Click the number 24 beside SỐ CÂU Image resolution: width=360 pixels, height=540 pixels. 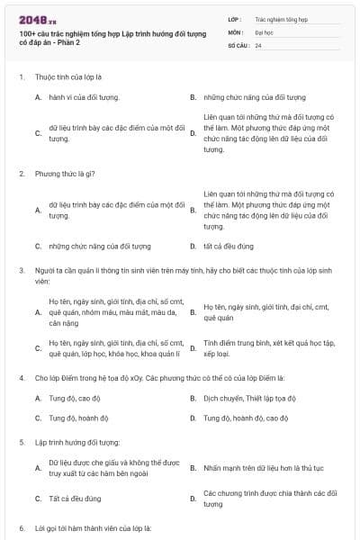pos(258,44)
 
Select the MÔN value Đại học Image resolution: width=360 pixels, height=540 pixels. pos(263,31)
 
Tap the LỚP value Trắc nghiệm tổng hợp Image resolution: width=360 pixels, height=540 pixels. pos(281,18)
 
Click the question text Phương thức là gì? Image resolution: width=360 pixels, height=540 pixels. pos(66,173)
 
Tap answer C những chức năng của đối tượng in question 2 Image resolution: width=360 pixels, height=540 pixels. pos(100,246)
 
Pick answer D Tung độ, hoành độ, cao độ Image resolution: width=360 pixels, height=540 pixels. pos(246,418)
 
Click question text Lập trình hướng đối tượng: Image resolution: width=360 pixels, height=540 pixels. pos(77,443)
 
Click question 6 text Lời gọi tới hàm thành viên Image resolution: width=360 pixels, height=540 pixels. pos(93,527)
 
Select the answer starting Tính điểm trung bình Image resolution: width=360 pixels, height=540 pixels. pos(269,347)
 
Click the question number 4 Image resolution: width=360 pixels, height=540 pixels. pos(21,377)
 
